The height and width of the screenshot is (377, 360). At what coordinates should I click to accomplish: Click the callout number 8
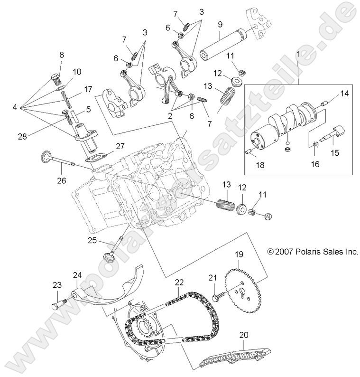coord(61,55)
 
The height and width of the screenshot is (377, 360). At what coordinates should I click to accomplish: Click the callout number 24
coord(77,275)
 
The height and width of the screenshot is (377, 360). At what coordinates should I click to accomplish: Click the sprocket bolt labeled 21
coord(216,295)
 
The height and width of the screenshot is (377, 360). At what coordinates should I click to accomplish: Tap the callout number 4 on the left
coord(15,108)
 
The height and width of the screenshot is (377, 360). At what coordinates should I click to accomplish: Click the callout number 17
coord(88,89)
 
